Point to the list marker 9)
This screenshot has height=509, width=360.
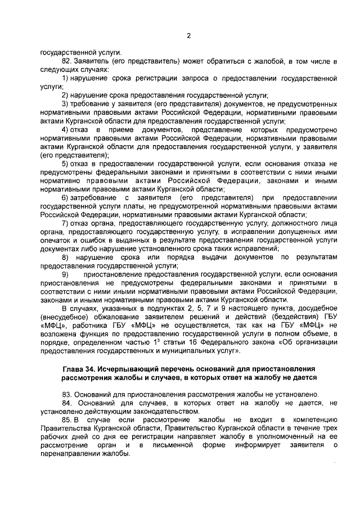coord(65,273)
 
